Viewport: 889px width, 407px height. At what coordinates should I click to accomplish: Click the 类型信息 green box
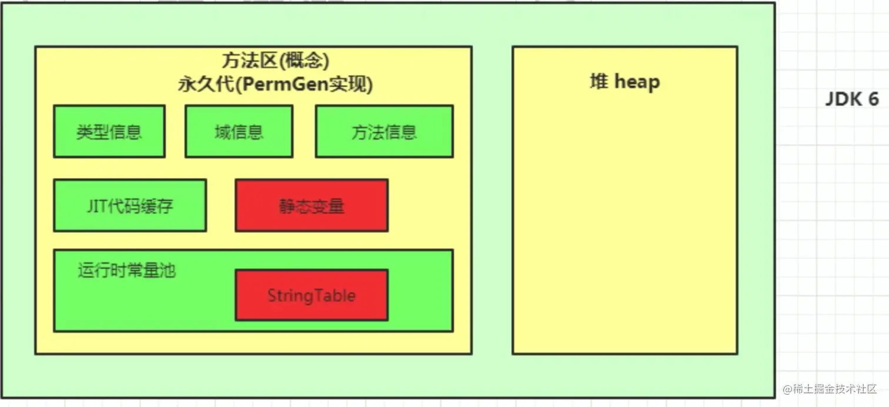pos(109,131)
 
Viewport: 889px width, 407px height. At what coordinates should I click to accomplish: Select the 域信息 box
pos(239,131)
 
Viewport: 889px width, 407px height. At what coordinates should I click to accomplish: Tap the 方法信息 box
pos(384,131)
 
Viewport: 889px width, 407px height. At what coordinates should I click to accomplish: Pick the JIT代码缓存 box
pos(130,205)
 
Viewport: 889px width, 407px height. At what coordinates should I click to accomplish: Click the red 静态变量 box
pos(312,205)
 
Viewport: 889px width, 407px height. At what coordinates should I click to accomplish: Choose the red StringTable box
pos(312,295)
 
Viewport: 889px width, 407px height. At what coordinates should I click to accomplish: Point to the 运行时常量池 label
pos(126,271)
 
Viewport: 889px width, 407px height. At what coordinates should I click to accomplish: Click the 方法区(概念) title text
pos(275,61)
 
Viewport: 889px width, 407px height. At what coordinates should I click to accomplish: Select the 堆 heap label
pos(624,82)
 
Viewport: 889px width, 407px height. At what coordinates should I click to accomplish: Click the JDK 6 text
pos(852,99)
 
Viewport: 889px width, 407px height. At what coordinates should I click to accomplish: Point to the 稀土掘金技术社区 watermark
pos(834,389)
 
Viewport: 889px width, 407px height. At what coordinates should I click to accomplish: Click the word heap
pos(637,82)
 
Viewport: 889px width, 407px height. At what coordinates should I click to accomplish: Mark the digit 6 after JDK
pos(874,99)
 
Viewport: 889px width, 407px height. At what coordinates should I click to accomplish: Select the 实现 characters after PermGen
pos(348,84)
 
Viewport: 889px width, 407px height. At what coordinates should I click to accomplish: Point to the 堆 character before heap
pos(599,81)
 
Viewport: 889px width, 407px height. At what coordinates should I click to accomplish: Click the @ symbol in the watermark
pos(787,389)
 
